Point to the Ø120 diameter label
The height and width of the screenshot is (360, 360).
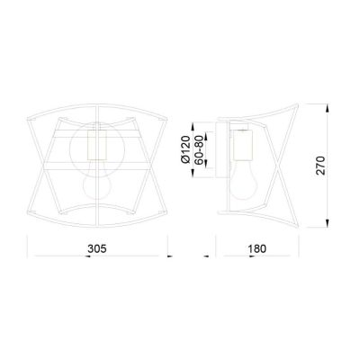tap(185, 146)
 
